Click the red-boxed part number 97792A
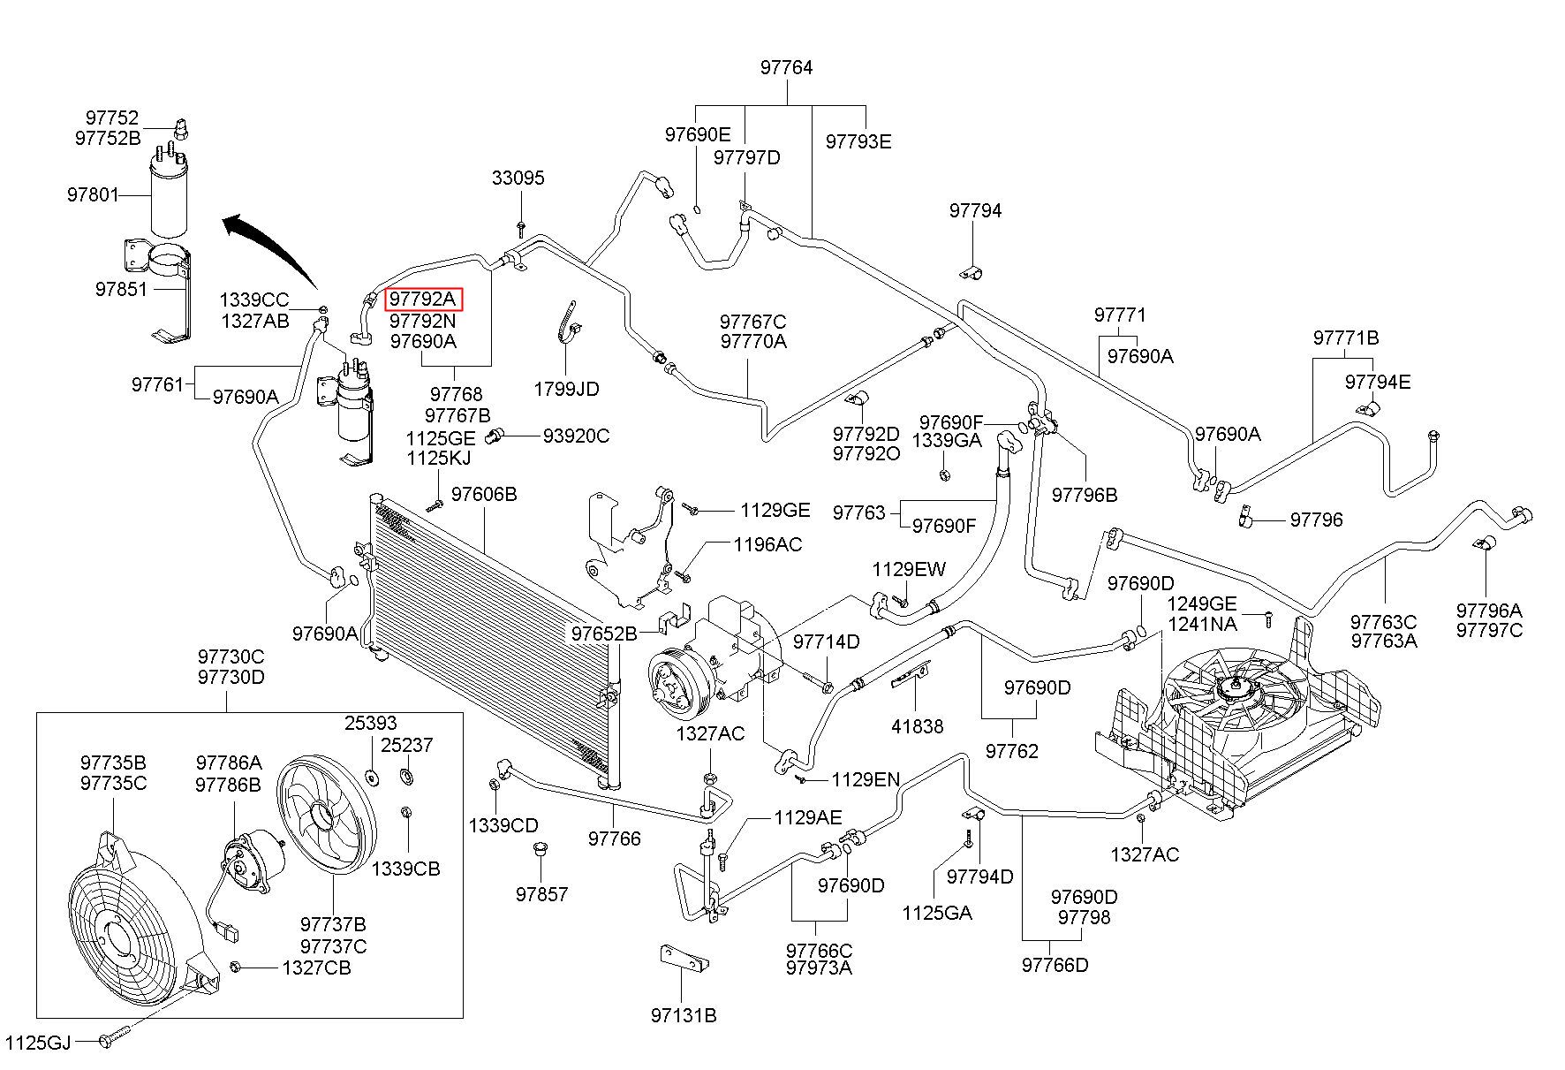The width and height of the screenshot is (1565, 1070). click(x=424, y=300)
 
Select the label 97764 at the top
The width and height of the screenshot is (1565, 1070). click(x=786, y=68)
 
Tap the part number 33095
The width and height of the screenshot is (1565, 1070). click(x=518, y=178)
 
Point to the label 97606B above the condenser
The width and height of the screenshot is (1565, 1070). click(x=484, y=494)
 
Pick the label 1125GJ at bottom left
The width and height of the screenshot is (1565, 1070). click(x=38, y=1043)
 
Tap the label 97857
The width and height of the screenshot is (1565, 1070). click(x=542, y=894)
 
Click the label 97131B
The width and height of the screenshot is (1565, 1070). click(x=684, y=1016)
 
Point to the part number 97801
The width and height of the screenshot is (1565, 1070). click(x=93, y=194)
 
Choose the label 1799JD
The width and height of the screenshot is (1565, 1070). click(x=566, y=389)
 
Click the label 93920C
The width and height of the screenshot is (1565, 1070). click(x=576, y=436)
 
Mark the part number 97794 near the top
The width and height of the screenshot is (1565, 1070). click(x=976, y=210)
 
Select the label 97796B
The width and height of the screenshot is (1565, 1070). click(x=1085, y=495)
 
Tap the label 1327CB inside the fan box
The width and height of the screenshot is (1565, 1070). click(x=316, y=968)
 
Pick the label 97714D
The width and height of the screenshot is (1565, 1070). click(x=826, y=641)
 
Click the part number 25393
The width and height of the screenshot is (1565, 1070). click(x=370, y=724)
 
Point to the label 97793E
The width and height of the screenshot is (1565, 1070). click(x=858, y=141)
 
